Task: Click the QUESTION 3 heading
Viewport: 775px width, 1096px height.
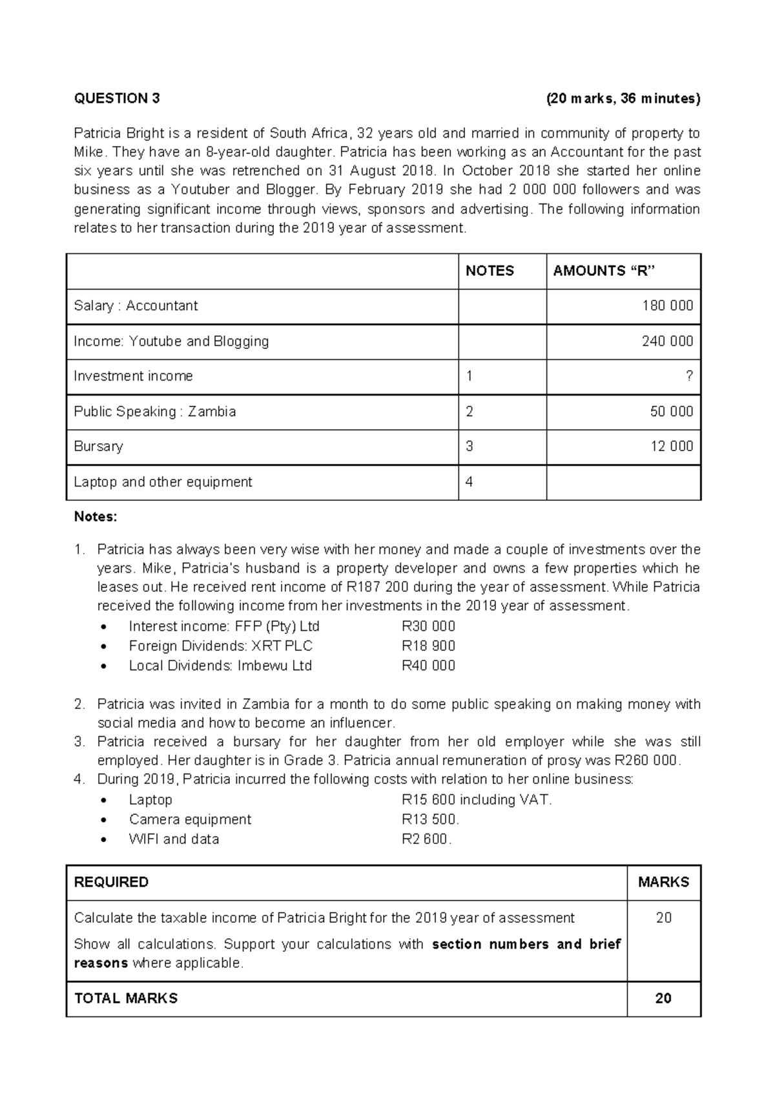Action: pyautogui.click(x=117, y=99)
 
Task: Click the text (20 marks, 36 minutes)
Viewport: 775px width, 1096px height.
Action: pyautogui.click(x=623, y=99)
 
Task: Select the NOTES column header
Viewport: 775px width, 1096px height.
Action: pyautogui.click(x=490, y=271)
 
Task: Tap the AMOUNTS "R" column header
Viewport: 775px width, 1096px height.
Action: pyautogui.click(x=604, y=271)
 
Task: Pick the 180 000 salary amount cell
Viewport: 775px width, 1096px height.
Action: pyautogui.click(x=667, y=306)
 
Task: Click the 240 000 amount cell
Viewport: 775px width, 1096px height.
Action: pyautogui.click(x=667, y=341)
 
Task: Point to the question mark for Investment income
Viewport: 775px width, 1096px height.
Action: pyautogui.click(x=689, y=377)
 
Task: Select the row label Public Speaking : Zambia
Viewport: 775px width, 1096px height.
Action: pyautogui.click(x=155, y=412)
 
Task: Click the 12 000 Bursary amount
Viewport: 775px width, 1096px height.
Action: pyautogui.click(x=672, y=447)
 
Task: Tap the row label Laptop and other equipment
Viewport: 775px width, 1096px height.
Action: pyautogui.click(x=163, y=482)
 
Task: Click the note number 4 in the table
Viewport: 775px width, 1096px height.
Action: pyautogui.click(x=470, y=482)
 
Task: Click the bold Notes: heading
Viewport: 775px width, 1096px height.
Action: pyautogui.click(x=96, y=517)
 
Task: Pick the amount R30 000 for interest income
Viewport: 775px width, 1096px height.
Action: pyautogui.click(x=428, y=627)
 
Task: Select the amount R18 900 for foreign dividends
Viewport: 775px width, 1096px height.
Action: pyautogui.click(x=428, y=646)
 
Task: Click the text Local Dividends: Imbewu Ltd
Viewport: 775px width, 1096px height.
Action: pyautogui.click(x=220, y=666)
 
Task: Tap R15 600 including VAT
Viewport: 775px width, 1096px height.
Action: pyautogui.click(x=477, y=800)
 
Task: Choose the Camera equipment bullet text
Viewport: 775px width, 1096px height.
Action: pyautogui.click(x=190, y=819)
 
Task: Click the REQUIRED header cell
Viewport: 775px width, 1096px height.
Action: pyautogui.click(x=111, y=883)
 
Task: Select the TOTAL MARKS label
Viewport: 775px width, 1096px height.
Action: pyautogui.click(x=126, y=999)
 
